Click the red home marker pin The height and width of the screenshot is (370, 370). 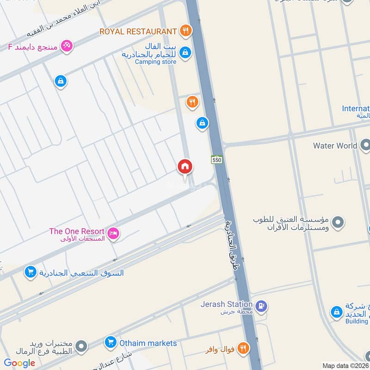click(x=185, y=167)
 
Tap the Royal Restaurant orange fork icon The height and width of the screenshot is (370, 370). click(x=185, y=31)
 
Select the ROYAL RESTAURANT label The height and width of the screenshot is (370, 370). click(x=138, y=31)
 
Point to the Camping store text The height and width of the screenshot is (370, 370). click(x=155, y=62)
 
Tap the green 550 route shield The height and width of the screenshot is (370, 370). click(x=217, y=160)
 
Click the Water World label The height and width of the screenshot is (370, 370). click(x=335, y=146)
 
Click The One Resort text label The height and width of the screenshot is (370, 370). click(x=77, y=231)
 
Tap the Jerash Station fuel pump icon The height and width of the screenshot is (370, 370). click(x=261, y=306)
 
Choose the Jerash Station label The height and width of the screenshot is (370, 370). click(x=226, y=304)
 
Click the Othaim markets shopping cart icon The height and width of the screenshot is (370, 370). click(x=110, y=343)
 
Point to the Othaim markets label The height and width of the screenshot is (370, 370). click(x=148, y=343)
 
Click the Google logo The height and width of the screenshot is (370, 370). click(x=19, y=363)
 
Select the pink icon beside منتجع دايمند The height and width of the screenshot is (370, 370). click(x=67, y=46)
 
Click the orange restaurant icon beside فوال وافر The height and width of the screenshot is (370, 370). click(x=243, y=348)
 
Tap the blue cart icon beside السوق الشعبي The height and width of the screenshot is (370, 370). click(x=30, y=272)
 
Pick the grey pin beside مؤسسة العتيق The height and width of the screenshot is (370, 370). click(x=338, y=222)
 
